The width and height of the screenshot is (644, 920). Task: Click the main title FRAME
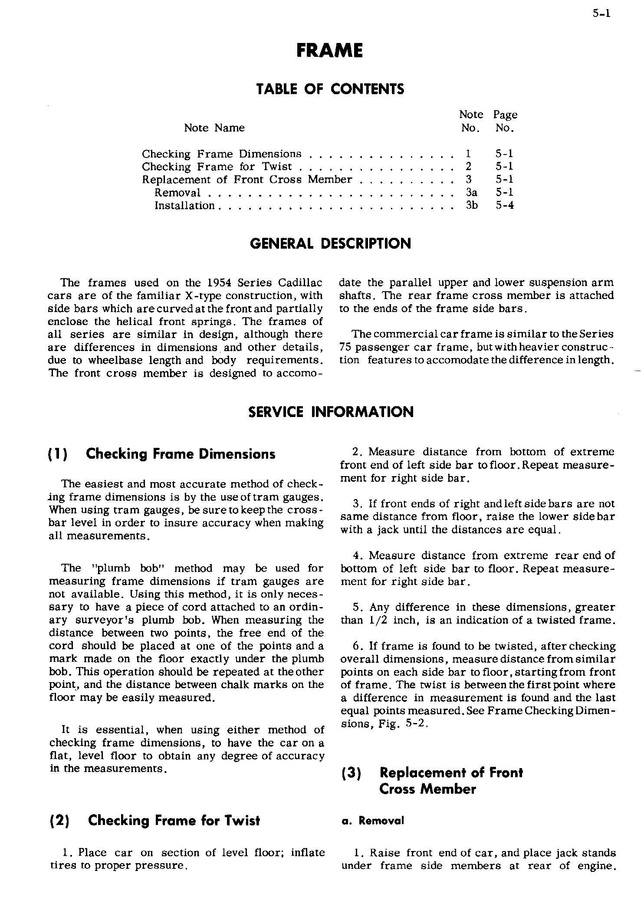tap(329, 51)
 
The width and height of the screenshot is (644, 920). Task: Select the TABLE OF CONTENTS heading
tap(330, 89)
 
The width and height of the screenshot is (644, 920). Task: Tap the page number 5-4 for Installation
tap(505, 205)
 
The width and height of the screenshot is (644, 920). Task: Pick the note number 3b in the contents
tap(472, 205)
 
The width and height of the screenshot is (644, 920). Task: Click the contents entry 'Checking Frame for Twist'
tap(217, 167)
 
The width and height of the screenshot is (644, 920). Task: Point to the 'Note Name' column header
tap(214, 128)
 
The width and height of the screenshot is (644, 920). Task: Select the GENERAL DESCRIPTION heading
tap(331, 243)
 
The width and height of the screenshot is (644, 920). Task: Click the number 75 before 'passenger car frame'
tap(345, 347)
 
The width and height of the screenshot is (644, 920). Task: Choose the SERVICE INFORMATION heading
tap(331, 412)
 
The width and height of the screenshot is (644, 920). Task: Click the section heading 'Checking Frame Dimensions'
tap(181, 454)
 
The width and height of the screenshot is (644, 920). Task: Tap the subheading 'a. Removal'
tap(373, 821)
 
